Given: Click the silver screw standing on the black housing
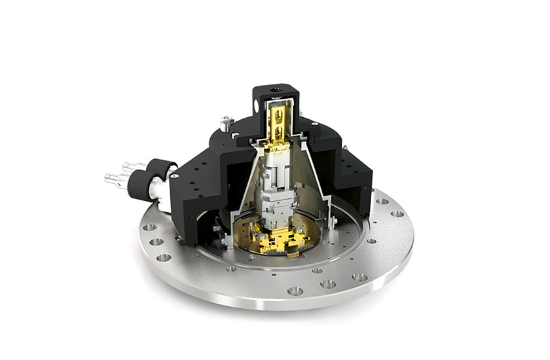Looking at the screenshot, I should coord(227,122).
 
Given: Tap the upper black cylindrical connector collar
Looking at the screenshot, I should coord(160,170).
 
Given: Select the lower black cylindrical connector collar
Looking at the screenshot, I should coord(140,185).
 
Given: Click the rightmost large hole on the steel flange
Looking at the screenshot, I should coord(397,213).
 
